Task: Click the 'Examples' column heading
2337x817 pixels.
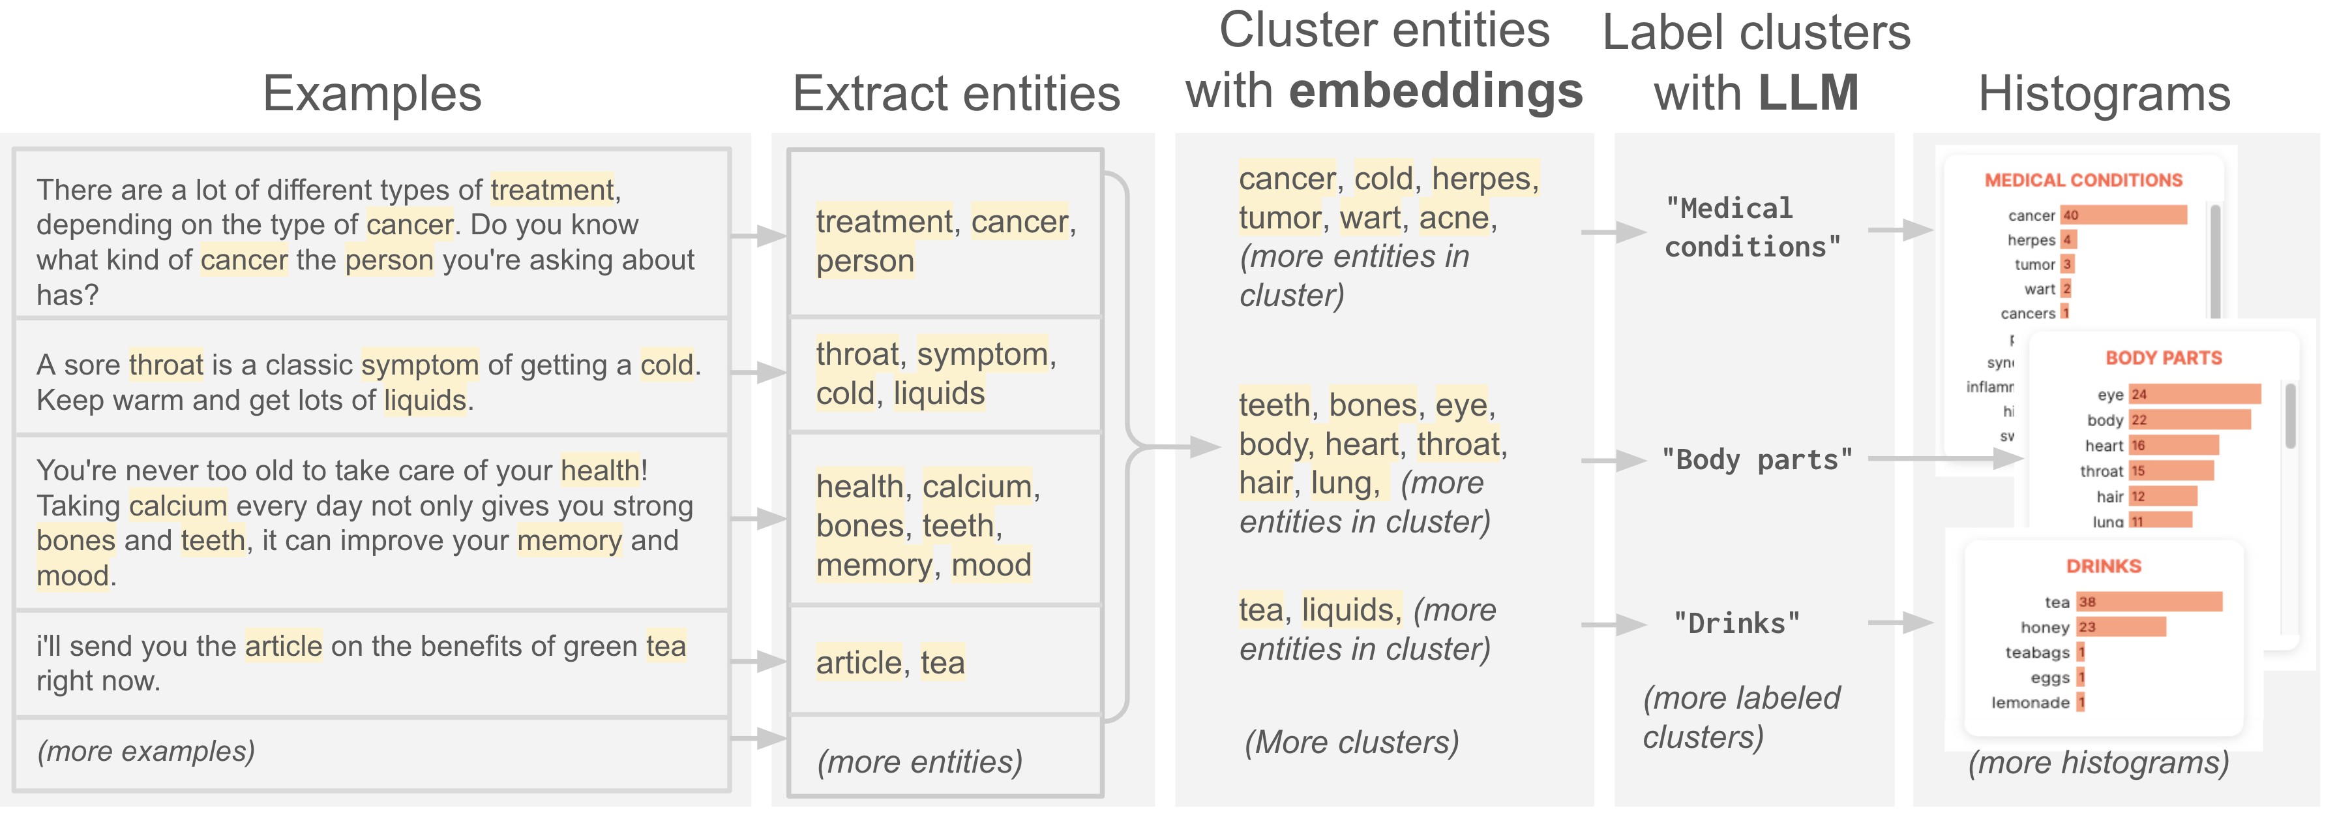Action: tap(372, 93)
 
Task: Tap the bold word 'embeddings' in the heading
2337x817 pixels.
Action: tap(1435, 91)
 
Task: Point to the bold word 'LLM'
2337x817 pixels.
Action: tap(1808, 93)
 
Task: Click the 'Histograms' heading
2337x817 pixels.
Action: tap(2103, 93)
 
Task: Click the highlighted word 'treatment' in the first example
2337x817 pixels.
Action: tap(552, 190)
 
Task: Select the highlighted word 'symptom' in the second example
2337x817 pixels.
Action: tap(419, 365)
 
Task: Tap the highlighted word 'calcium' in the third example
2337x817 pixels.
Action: tap(178, 506)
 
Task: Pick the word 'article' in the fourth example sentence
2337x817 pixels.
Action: tap(283, 646)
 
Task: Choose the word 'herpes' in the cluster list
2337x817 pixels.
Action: tap(1481, 179)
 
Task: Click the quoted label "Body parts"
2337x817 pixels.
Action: tap(1757, 460)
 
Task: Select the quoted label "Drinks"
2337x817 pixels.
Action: tap(1736, 624)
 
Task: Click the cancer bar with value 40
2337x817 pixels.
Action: tap(2123, 215)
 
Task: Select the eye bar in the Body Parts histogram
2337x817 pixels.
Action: tap(2194, 394)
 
